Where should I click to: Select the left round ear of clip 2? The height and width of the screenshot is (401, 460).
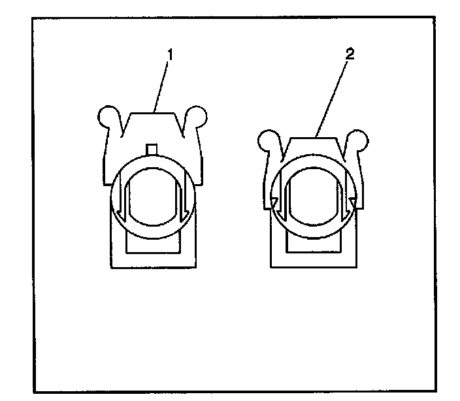266,138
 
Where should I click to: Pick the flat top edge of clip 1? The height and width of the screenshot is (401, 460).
152,112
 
